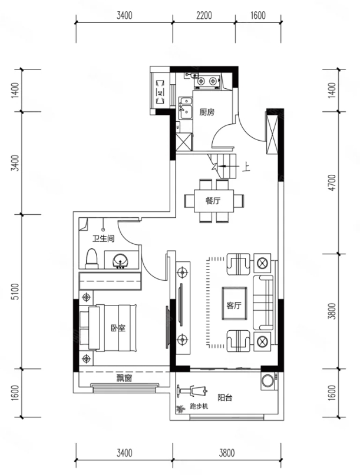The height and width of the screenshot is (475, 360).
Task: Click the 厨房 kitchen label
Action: click(207, 112)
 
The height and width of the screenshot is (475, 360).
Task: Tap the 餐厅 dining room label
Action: click(213, 201)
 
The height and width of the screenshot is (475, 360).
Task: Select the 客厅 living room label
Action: click(234, 305)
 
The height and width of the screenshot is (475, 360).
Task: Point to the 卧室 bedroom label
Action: click(118, 328)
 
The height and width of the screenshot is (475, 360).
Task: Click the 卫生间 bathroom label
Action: click(104, 239)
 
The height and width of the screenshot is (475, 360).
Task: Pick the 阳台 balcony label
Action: click(224, 397)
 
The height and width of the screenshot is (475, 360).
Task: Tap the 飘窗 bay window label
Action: click(124, 378)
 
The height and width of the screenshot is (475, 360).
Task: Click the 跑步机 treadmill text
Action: click(199, 407)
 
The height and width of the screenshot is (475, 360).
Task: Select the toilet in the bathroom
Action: click(91, 259)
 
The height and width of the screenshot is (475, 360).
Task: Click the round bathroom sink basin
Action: click(120, 260)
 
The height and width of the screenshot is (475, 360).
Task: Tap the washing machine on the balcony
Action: click(268, 381)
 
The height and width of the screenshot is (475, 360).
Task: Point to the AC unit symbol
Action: click(160, 92)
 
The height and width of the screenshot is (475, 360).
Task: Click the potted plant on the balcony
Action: click(181, 409)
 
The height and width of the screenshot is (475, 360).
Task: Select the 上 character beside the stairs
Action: click(246, 167)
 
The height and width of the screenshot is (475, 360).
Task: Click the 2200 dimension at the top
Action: click(204, 15)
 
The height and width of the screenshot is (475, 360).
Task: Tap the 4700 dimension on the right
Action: click(332, 182)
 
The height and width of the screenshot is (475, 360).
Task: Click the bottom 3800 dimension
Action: click(227, 453)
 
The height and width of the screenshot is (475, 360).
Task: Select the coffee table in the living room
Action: click(234, 304)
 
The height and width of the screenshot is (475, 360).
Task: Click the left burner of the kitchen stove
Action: click(201, 81)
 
